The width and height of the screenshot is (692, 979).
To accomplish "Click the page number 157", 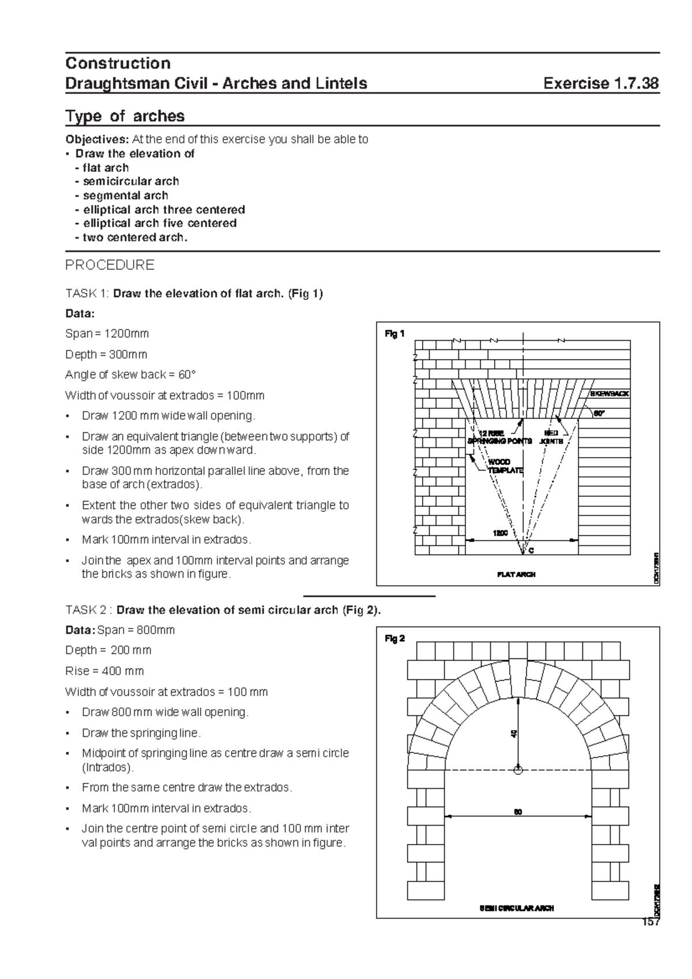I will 650,922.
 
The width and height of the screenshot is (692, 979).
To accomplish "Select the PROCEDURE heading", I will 110,265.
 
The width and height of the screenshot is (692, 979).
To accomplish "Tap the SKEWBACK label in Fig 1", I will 609,394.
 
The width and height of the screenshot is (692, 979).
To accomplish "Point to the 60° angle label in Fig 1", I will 600,413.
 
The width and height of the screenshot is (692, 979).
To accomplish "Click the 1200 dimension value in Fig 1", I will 499,533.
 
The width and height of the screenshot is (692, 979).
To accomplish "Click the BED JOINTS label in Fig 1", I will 551,437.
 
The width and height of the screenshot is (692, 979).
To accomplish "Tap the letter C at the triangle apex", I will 531,551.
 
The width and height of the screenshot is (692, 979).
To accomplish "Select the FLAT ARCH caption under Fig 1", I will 516,574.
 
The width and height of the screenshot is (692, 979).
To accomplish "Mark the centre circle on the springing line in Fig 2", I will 518,770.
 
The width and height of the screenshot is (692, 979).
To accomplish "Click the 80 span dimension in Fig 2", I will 518,812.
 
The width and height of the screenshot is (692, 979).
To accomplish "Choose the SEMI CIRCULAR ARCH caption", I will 517,908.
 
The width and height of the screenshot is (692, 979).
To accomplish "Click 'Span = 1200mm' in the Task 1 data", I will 107,334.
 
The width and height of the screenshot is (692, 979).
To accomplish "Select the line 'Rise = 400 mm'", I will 104,671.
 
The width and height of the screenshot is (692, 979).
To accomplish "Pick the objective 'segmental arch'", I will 125,195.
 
